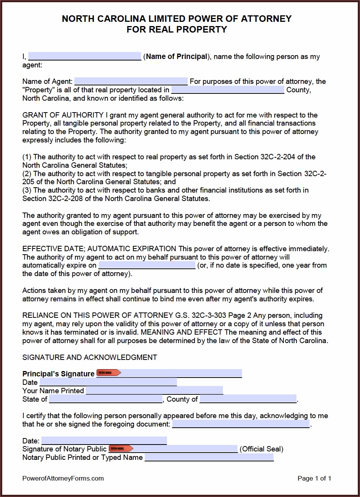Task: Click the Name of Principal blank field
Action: click(x=85, y=56)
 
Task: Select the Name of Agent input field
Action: click(x=131, y=81)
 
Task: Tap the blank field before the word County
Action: click(x=227, y=90)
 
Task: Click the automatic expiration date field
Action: click(x=147, y=265)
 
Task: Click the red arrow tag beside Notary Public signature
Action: click(x=121, y=448)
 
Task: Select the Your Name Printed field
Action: click(x=154, y=390)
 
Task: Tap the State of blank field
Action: click(x=106, y=399)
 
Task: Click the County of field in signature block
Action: click(x=248, y=399)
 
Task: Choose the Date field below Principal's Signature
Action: click(x=108, y=382)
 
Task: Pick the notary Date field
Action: click(x=104, y=440)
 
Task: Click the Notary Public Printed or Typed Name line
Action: click(x=209, y=457)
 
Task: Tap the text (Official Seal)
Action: click(x=262, y=449)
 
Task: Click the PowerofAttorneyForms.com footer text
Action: click(x=63, y=478)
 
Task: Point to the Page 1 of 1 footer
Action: click(x=314, y=478)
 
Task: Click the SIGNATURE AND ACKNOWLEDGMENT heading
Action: click(x=90, y=357)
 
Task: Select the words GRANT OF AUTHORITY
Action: click(x=63, y=115)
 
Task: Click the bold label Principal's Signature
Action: click(x=58, y=374)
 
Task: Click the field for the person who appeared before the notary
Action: click(x=241, y=424)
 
